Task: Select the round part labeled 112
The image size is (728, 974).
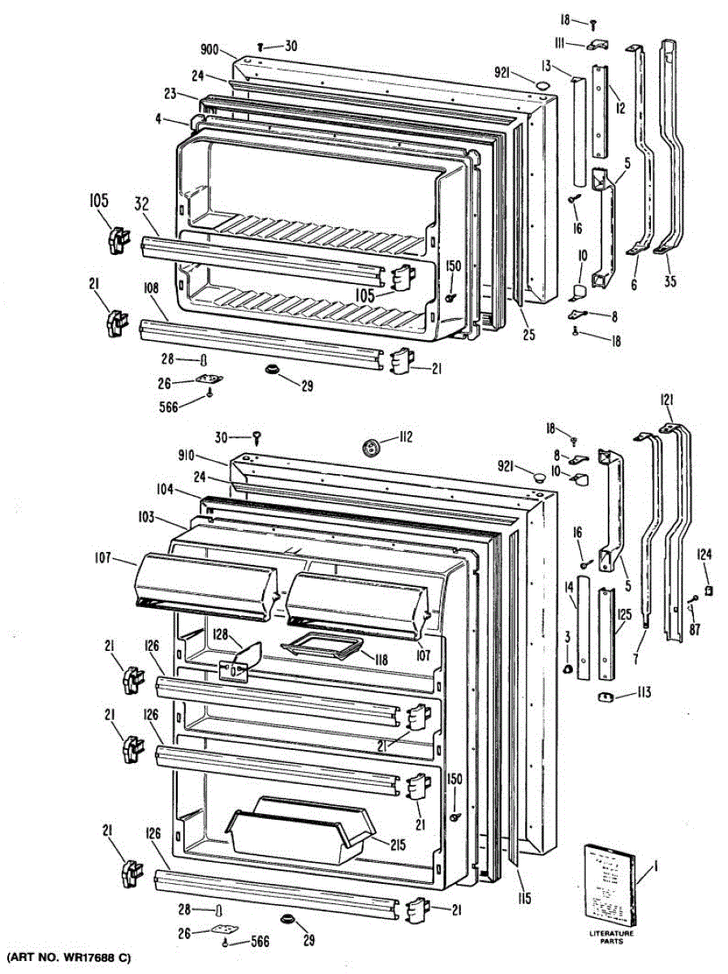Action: pyautogui.click(x=372, y=446)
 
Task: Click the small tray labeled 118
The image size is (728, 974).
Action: pyautogui.click(x=320, y=649)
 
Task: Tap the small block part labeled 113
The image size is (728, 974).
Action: pyautogui.click(x=604, y=696)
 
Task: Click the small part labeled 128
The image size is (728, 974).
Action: pyautogui.click(x=241, y=660)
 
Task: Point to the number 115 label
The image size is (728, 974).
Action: pyautogui.click(x=524, y=898)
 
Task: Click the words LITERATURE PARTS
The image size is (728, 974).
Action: pyautogui.click(x=611, y=937)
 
